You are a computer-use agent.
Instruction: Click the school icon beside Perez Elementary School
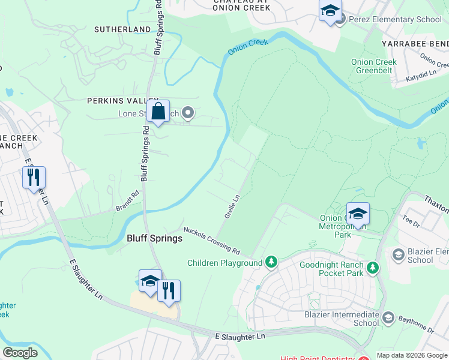[x=330, y=11]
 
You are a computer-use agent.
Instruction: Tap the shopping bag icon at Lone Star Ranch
[x=158, y=112]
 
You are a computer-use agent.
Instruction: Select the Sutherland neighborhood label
[x=122, y=29]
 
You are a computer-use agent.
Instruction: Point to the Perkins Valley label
[x=122, y=101]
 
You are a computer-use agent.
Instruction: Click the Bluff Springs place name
[x=154, y=238]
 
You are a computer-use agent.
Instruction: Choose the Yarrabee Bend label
[x=415, y=44]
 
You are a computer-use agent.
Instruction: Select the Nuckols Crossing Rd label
[x=211, y=240]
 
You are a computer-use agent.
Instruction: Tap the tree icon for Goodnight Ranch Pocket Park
[x=373, y=267]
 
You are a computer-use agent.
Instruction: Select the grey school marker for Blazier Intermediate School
[x=388, y=317]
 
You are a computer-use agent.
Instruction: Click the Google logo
[x=20, y=353]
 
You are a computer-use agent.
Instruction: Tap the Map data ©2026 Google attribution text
[x=412, y=355]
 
